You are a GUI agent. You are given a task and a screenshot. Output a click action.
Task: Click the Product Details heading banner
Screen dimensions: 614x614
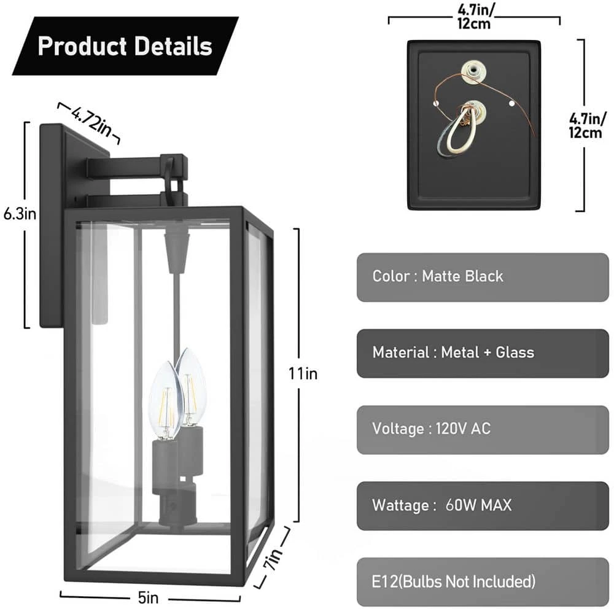125,46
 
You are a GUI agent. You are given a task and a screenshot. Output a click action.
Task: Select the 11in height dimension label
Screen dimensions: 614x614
303,373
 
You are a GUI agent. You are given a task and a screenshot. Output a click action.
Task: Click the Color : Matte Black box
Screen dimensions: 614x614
482,277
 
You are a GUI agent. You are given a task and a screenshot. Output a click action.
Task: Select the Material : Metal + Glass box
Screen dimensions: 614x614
482,353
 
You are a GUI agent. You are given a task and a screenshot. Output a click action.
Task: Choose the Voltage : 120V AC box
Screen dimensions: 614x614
482,429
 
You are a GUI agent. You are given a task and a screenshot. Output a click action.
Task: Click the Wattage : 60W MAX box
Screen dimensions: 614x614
482,506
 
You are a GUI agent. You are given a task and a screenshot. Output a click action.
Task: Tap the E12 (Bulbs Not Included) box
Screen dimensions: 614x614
482,581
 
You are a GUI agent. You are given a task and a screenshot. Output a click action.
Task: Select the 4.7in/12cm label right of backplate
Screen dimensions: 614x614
585,126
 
